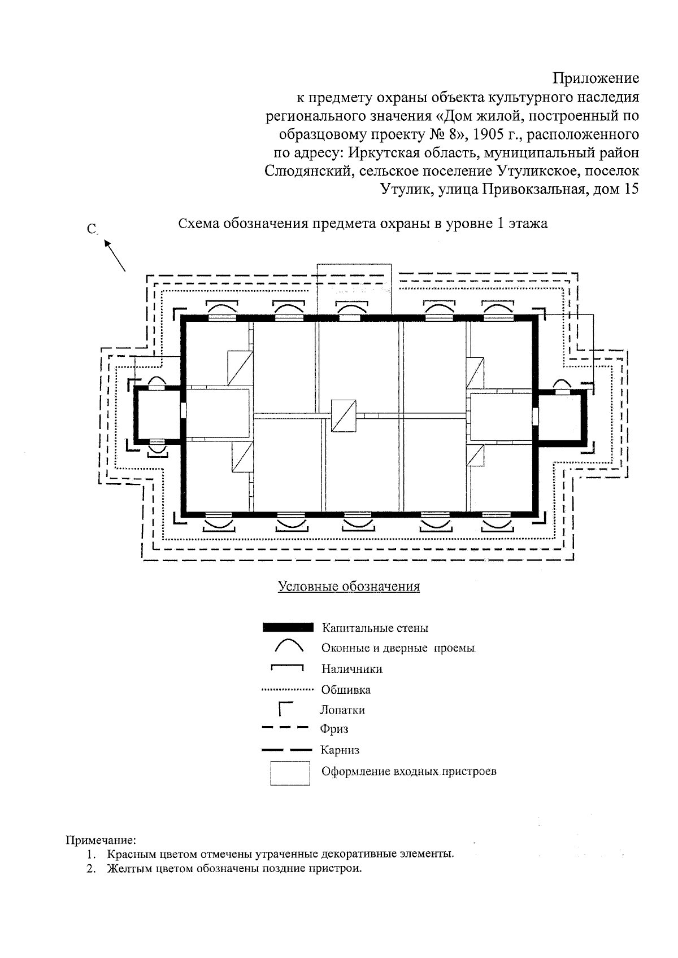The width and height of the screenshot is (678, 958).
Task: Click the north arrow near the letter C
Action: [114, 255]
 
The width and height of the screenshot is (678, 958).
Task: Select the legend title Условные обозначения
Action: [349, 586]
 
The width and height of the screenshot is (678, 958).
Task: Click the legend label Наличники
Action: [351, 669]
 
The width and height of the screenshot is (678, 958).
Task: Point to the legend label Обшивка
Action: [346, 690]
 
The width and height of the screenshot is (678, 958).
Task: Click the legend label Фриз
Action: [334, 729]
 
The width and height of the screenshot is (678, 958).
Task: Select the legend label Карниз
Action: [340, 750]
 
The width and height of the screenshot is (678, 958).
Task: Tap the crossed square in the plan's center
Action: [344, 415]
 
